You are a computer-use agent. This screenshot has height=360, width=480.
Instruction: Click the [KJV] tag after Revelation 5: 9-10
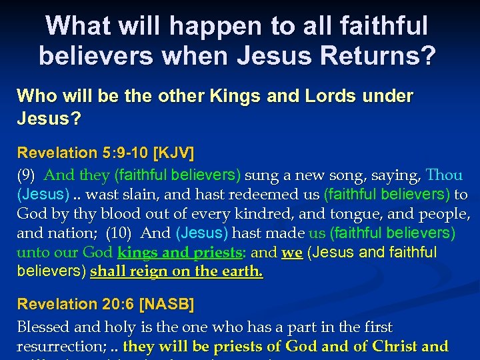[173, 153]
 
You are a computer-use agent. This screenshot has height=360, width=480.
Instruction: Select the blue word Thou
[444, 175]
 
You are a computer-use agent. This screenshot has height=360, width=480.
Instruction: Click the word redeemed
[264, 195]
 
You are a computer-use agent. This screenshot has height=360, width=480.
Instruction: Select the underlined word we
[291, 253]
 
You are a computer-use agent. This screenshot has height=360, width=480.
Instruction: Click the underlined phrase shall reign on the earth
[177, 272]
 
